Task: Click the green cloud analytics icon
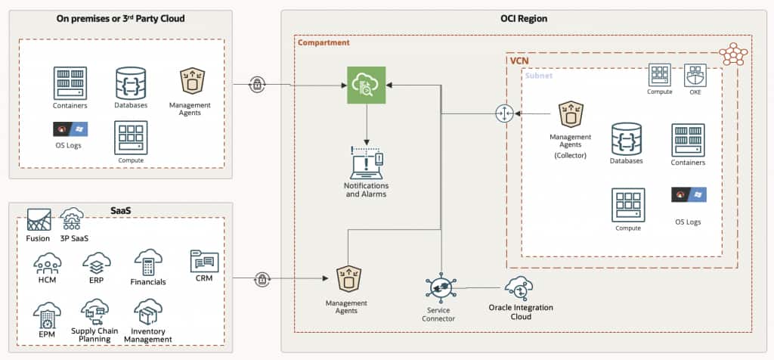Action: [367, 85]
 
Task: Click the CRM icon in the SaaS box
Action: [204, 262]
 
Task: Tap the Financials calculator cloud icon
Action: [147, 262]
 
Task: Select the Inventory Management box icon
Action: [147, 311]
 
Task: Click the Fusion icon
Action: [39, 219]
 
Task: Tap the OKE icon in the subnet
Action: [695, 75]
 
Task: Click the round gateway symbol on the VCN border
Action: [504, 113]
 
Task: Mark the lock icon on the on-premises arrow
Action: [257, 85]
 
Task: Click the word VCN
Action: [520, 59]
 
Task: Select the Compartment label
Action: [324, 43]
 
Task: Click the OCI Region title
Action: [523, 18]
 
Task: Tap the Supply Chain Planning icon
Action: [97, 312]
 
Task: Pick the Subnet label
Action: [539, 76]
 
